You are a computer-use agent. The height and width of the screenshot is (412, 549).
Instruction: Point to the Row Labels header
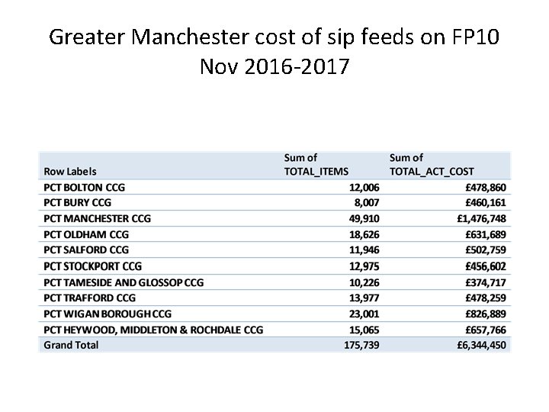click(x=70, y=171)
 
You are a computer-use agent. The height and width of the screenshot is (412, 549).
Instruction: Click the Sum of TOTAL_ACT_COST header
click(x=432, y=164)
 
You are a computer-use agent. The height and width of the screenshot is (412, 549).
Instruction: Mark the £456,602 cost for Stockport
click(x=486, y=266)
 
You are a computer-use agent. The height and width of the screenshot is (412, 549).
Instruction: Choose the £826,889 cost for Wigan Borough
click(x=486, y=313)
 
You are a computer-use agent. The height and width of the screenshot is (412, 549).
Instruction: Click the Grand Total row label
click(x=71, y=345)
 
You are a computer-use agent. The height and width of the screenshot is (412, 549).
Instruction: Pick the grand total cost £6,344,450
click(x=482, y=345)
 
